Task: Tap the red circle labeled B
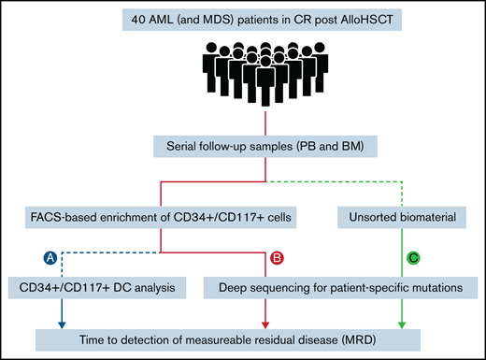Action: tap(276, 256)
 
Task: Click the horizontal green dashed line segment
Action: tap(337, 180)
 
